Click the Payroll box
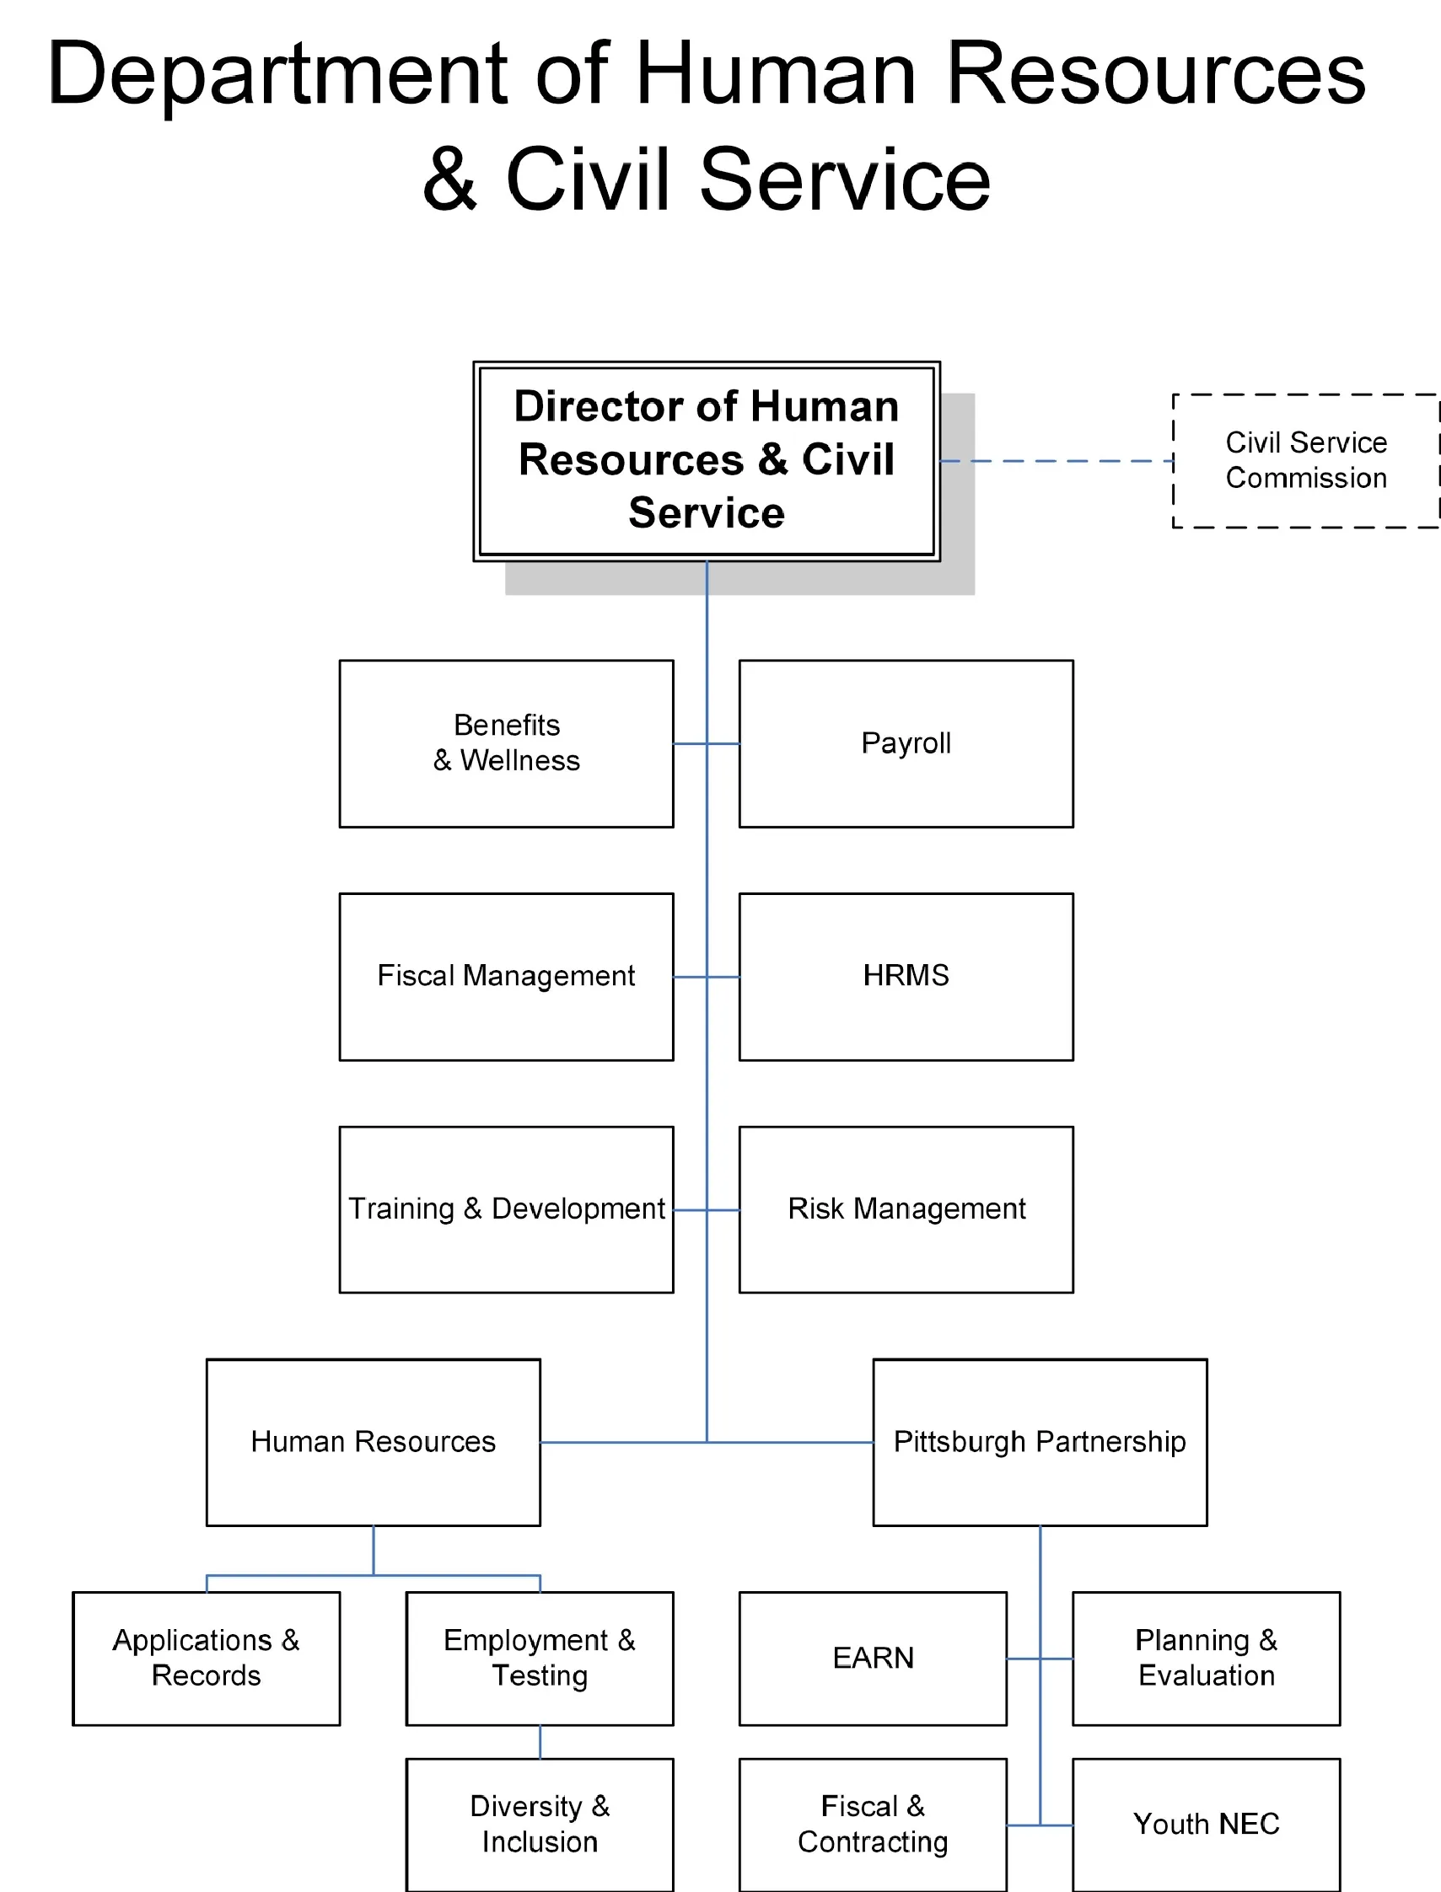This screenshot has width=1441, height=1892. (x=906, y=743)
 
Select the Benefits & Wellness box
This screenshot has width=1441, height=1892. (x=506, y=743)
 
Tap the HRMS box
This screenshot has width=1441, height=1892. (x=906, y=977)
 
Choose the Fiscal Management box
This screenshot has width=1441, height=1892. (x=506, y=977)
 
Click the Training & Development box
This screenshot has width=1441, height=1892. (x=506, y=1209)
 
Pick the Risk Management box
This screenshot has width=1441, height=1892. (x=906, y=1209)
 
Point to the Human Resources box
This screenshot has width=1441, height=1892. (x=374, y=1442)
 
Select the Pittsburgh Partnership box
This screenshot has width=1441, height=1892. (x=1040, y=1442)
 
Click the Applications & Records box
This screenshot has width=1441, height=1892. (x=206, y=1658)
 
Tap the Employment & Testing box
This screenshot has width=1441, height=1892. (x=540, y=1658)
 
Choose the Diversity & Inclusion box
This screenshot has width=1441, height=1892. (x=540, y=1825)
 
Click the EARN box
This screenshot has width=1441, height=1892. (x=873, y=1658)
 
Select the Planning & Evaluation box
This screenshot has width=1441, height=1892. (x=1206, y=1658)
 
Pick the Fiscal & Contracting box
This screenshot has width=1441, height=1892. (x=873, y=1825)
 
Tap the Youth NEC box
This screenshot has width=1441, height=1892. (x=1206, y=1825)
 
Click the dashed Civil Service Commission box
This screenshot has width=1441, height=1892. (x=1305, y=460)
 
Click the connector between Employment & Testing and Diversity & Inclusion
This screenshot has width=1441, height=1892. (x=540, y=1741)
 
